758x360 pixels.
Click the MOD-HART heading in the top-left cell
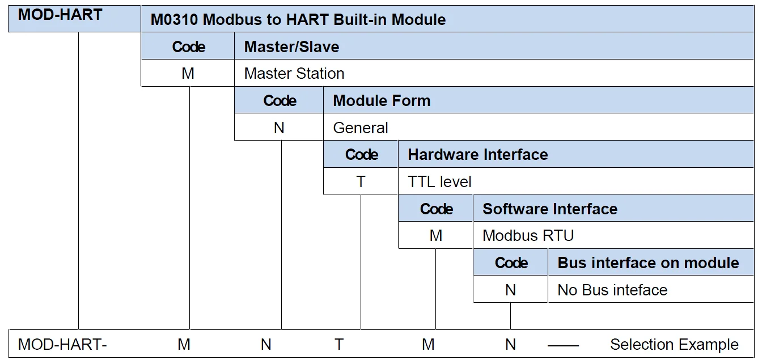point(60,15)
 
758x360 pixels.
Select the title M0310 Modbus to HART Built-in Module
point(298,20)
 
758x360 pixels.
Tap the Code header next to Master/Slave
point(188,46)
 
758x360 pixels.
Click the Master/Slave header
point(291,46)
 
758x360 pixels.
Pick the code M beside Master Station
point(188,74)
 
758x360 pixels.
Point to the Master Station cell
point(294,74)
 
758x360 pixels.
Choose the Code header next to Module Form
point(280,101)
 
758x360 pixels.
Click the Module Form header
point(382,101)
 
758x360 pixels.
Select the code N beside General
point(279,128)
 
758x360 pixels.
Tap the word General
point(361,128)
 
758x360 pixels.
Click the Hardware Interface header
point(477,155)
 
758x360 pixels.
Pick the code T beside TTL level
point(361,182)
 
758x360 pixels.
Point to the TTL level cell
point(439,182)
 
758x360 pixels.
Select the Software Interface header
point(549,209)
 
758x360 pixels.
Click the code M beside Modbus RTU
point(435,236)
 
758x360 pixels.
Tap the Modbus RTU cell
point(528,236)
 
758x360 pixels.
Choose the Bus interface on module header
point(648,263)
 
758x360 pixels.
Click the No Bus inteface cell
point(612,290)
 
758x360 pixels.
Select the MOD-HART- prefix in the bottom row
point(62,344)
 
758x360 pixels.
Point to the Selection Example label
point(674,345)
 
